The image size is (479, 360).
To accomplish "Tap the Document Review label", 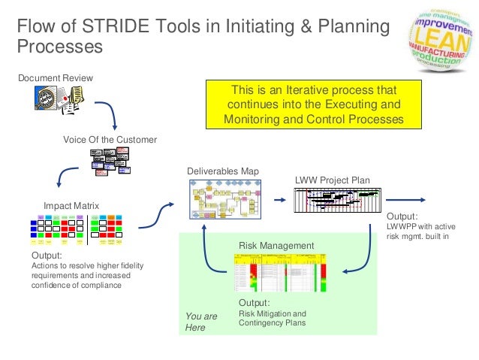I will pos(50,78).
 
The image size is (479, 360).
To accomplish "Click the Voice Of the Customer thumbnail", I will pos(110,160).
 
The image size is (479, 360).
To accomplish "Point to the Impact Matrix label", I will pos(71,205).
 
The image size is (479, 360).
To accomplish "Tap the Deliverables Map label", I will pos(222,171).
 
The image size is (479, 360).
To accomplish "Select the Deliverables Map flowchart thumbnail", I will pos(223,199).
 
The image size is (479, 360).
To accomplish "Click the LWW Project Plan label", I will pos(332,180).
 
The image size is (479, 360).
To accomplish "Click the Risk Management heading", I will pos(276,245).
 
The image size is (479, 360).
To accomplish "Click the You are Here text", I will pos(200,322).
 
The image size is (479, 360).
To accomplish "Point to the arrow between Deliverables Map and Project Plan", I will pos(279,199).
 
